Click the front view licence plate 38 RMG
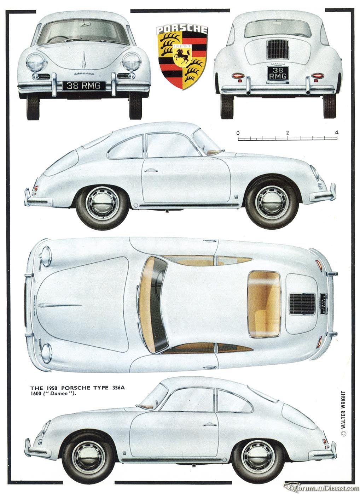click(83, 86)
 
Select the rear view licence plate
click(278, 73)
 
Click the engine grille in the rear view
click(278, 49)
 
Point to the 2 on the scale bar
click(287, 133)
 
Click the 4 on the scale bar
click(336, 133)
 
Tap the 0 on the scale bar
click(238, 133)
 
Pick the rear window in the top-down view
click(264, 305)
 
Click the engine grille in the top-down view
click(302, 304)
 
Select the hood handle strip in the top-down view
click(60, 305)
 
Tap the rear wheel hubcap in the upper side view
click(102, 203)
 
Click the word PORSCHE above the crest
click(182, 29)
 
